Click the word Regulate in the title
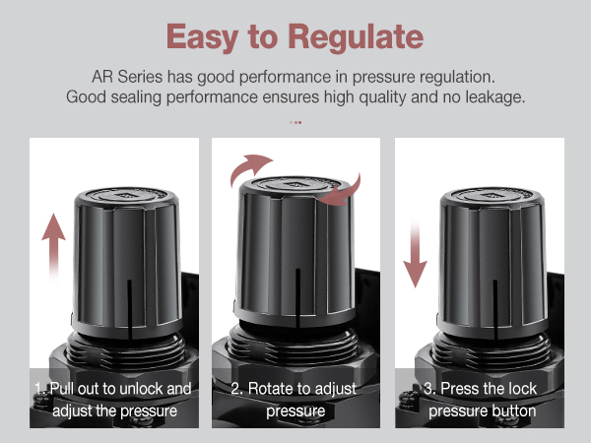pos(356,36)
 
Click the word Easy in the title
pos(203,36)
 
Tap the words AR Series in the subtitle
pos(121,77)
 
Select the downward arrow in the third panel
pos(417,250)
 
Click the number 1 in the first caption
pos(36,389)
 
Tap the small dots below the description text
pos(295,122)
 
